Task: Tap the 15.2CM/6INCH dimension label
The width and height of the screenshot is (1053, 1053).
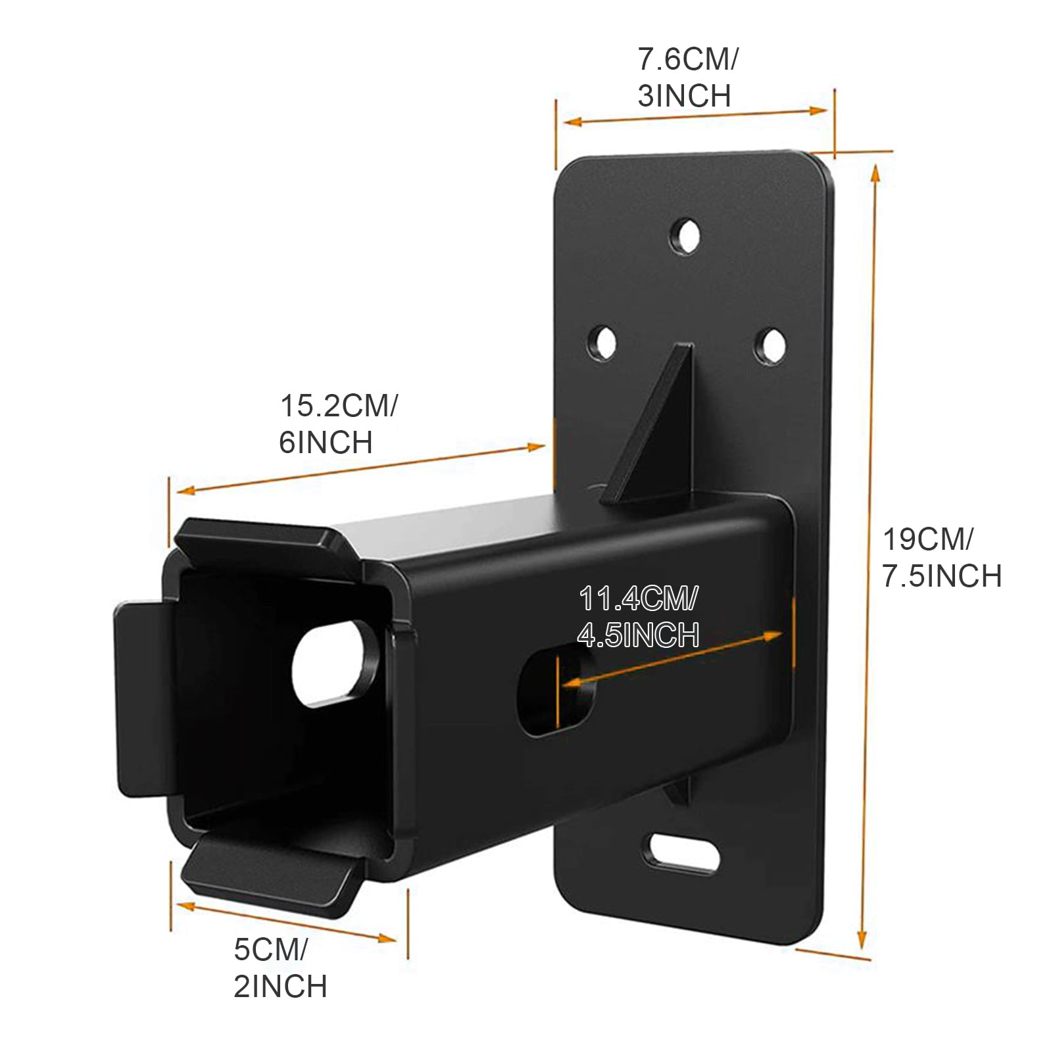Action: tap(338, 424)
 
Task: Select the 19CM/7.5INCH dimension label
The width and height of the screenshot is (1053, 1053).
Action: tap(941, 558)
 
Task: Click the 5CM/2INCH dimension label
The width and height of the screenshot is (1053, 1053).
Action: tap(280, 968)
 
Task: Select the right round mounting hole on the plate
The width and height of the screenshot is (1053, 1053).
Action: tap(770, 343)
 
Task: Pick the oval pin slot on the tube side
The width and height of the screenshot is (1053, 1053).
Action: tap(556, 692)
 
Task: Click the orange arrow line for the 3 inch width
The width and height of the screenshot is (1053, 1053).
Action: tap(695, 116)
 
